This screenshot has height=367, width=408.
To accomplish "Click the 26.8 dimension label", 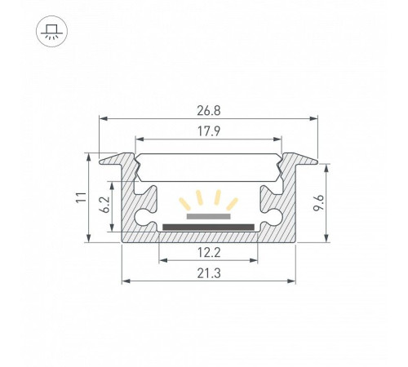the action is click(209, 111).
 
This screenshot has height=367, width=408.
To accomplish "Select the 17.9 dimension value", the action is click(209, 131).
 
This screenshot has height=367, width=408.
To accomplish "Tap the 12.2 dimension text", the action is click(209, 253).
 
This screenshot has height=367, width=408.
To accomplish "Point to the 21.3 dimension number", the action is click(209, 273).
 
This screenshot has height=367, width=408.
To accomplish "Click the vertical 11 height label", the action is click(81, 197).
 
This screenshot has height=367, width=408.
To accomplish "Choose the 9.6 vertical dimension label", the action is click(318, 203).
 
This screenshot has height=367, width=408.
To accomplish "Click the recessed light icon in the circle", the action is click(51, 32).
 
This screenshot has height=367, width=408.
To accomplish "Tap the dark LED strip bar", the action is click(208, 228).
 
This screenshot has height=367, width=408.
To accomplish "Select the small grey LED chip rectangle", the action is click(209, 216).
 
